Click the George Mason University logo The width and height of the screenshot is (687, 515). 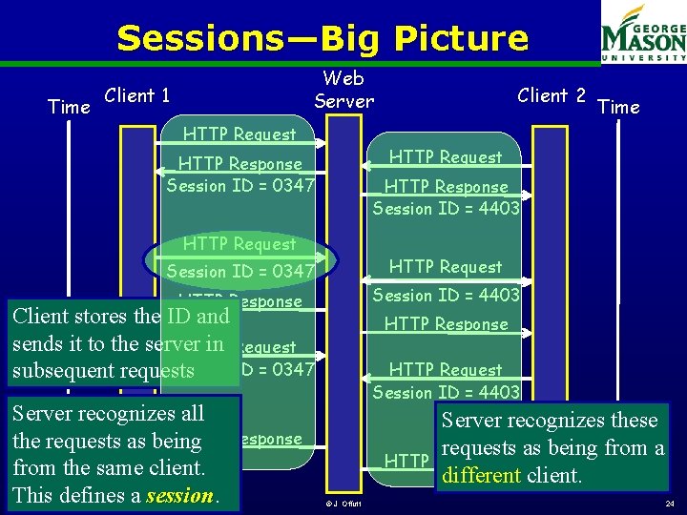[x=643, y=34]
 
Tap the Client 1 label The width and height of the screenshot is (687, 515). [x=136, y=95]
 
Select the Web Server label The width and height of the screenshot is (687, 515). [x=343, y=89]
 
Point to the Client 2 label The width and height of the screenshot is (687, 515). [x=552, y=95]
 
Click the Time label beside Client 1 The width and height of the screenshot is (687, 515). [x=69, y=107]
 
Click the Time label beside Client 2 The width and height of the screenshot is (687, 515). [x=618, y=107]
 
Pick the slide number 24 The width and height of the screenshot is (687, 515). [x=668, y=503]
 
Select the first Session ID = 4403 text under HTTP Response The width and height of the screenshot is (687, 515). [x=446, y=208]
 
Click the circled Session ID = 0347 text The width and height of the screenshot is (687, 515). [x=240, y=271]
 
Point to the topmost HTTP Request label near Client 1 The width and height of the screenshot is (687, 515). [x=239, y=134]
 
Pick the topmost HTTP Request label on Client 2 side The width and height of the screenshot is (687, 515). [x=446, y=157]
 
